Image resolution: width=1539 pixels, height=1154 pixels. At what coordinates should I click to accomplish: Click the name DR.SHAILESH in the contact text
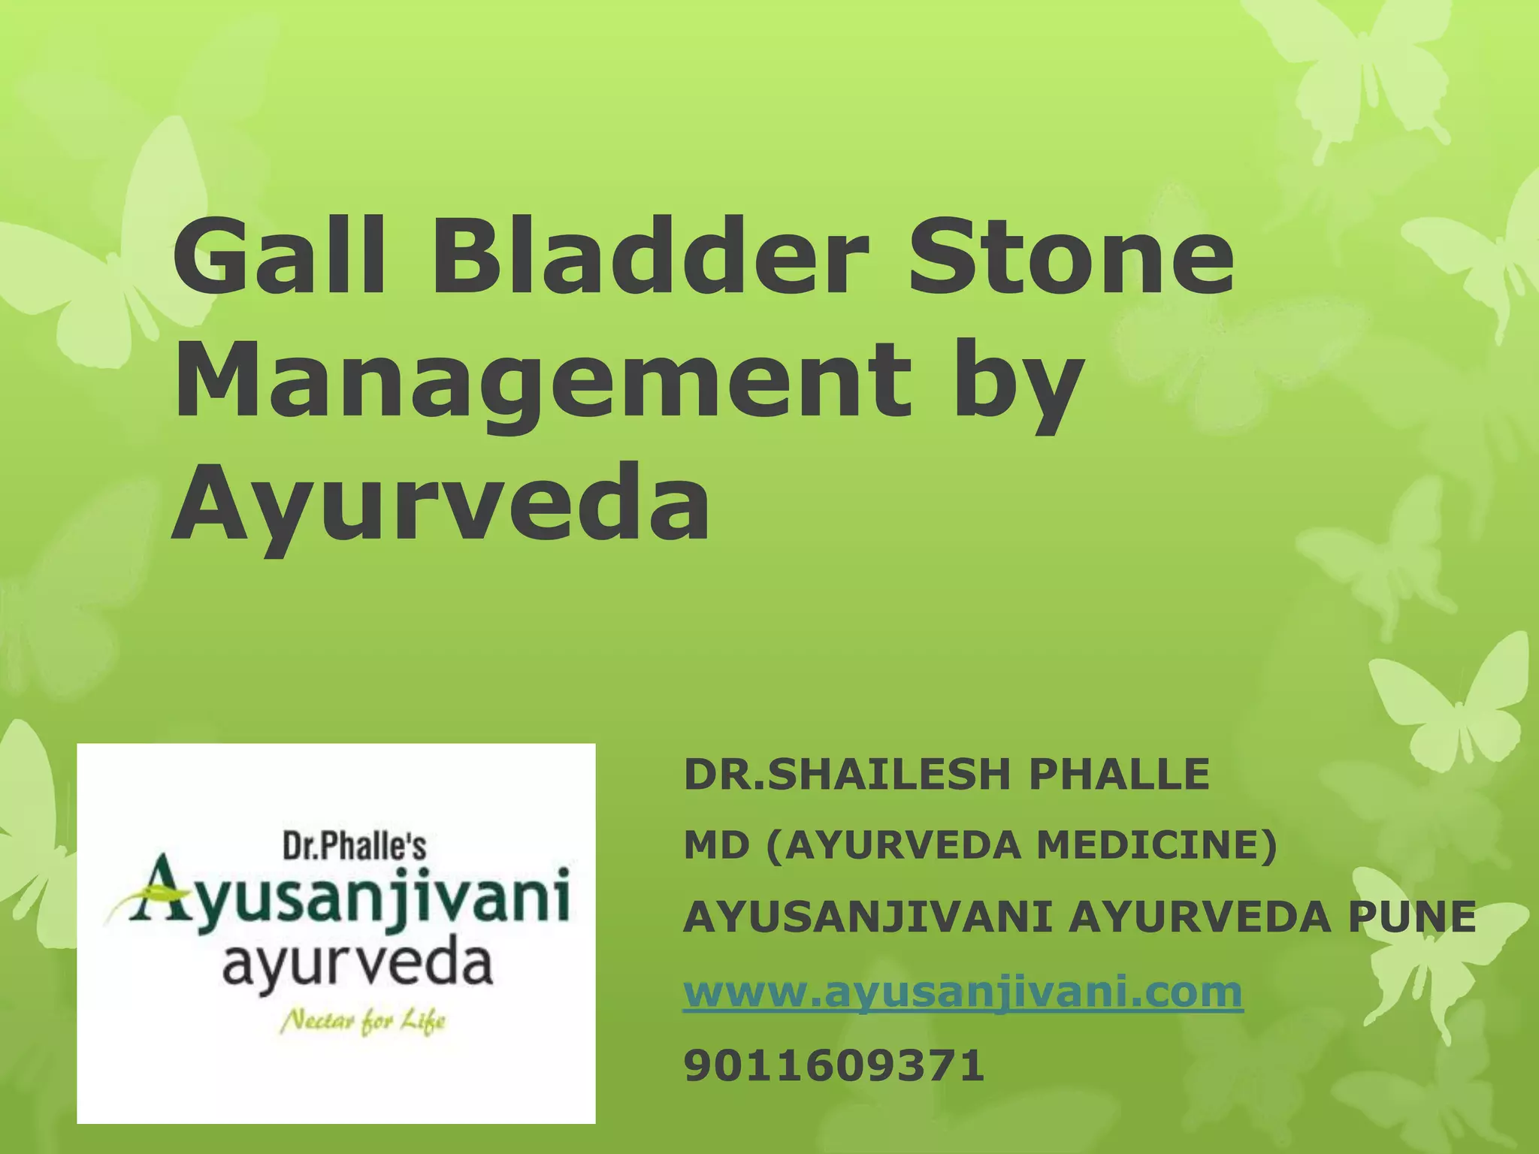click(x=846, y=775)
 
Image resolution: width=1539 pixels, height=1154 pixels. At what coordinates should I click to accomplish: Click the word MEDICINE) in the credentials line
click(x=1157, y=846)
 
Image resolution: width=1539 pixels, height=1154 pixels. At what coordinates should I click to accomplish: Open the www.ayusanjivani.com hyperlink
click(x=963, y=992)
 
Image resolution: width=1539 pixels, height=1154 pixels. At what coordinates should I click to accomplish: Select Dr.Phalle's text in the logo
click(x=354, y=847)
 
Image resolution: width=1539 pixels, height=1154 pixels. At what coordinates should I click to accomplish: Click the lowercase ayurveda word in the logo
click(x=357, y=965)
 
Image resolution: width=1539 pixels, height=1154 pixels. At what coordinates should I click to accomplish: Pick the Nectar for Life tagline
click(x=363, y=1021)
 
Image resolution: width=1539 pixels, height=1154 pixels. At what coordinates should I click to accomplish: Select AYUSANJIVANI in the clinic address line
click(x=867, y=917)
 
